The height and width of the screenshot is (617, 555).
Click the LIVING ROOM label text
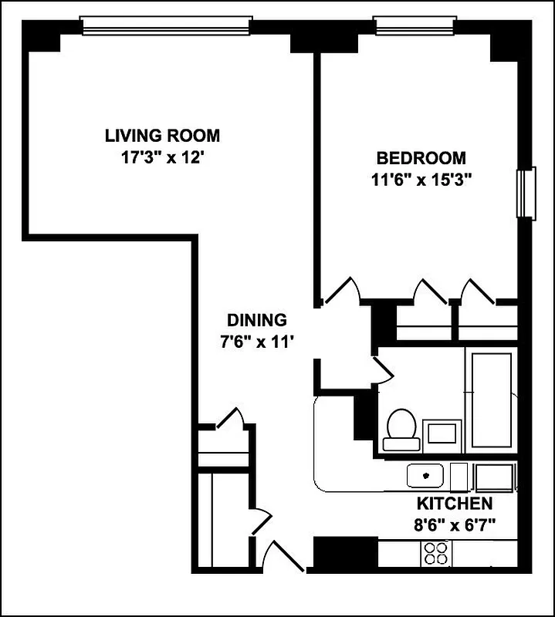pos(162,137)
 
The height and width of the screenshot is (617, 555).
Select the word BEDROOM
pos(421,159)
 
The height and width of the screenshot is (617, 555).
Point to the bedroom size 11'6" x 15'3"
pos(421,181)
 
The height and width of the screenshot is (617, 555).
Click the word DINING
pos(257,320)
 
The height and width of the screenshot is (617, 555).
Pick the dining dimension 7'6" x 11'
pos(257,342)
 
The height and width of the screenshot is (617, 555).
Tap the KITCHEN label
pos(455,504)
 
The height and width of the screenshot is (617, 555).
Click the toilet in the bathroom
pos(401,430)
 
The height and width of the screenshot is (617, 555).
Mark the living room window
pos(166,25)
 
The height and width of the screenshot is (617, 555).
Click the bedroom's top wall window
pos(415,25)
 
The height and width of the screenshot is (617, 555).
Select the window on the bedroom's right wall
pos(527,193)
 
